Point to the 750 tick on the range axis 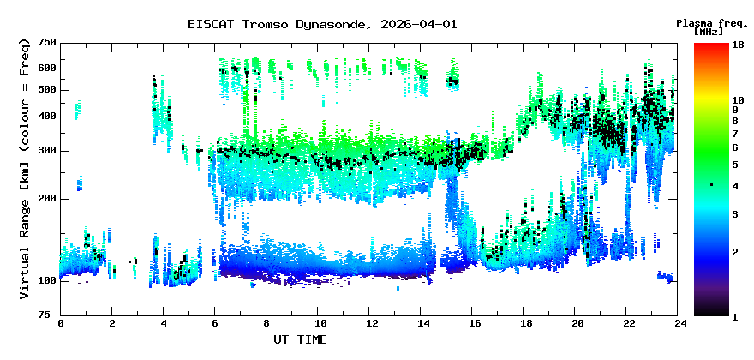[46, 43]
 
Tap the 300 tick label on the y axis [46, 151]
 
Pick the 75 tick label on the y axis [50, 315]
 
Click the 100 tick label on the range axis [46, 280]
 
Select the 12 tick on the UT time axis [372, 323]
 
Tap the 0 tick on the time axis [61, 323]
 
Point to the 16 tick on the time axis [475, 323]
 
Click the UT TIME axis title [300, 339]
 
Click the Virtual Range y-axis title [25, 169]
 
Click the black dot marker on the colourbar [711, 185]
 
